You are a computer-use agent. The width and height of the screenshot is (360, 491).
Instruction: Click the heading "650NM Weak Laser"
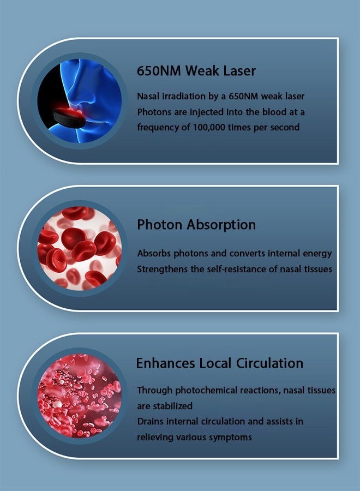(x=196, y=71)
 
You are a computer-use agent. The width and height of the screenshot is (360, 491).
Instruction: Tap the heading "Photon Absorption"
(x=196, y=225)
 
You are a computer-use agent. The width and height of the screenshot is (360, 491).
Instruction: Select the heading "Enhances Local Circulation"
(x=220, y=363)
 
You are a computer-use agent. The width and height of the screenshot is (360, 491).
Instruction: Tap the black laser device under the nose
(x=69, y=118)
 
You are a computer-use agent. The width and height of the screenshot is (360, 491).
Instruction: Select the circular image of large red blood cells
(x=80, y=248)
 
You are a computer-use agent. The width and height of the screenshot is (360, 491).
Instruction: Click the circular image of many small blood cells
(x=80, y=396)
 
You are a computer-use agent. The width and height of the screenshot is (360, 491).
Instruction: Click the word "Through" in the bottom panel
(x=155, y=391)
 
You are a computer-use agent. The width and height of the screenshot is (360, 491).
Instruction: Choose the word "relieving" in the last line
(x=155, y=438)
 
